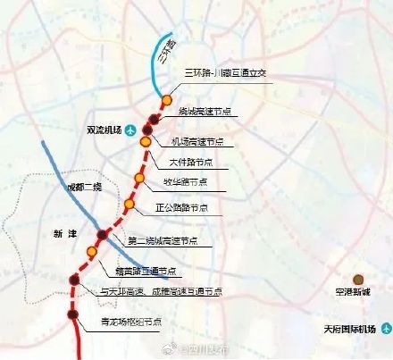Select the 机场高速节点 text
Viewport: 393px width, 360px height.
pos(197,142)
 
